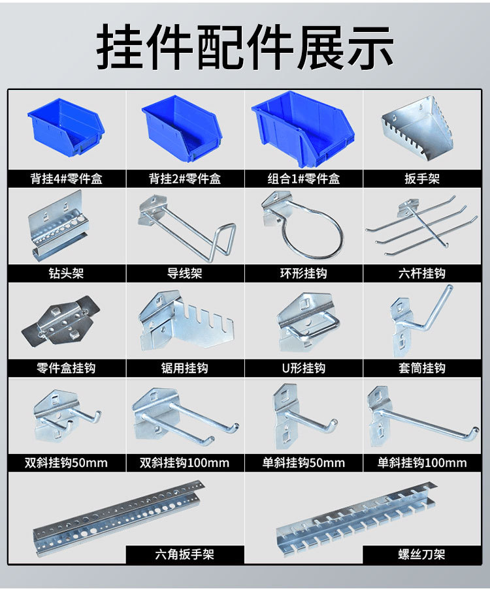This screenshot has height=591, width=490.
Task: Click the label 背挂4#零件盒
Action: coord(67,179)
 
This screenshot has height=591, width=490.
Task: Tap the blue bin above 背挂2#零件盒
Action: coord(182,129)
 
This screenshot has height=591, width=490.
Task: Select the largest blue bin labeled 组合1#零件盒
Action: coord(304,129)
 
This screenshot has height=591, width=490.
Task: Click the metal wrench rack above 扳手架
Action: coord(417,128)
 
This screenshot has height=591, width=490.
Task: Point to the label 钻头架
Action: coord(66,273)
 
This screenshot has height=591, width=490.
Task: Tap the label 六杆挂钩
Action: coord(422,273)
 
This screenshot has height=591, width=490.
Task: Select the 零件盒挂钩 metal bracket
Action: coord(60,320)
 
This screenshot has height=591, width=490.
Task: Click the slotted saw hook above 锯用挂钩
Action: coord(186,322)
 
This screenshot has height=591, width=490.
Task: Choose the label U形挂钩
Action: coord(304,368)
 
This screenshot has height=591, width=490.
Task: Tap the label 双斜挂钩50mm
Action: coord(66,462)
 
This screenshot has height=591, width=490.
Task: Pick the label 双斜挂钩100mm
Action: coord(185,462)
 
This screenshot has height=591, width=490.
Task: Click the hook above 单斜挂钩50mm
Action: coord(301,416)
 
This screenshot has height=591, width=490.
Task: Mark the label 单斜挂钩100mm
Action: coord(422,462)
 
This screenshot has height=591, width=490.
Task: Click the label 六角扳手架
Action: coord(185,554)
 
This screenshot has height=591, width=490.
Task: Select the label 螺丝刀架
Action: coord(421,554)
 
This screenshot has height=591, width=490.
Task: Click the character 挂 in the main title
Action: coord(120,46)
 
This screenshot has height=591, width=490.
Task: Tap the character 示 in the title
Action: coord(370,46)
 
